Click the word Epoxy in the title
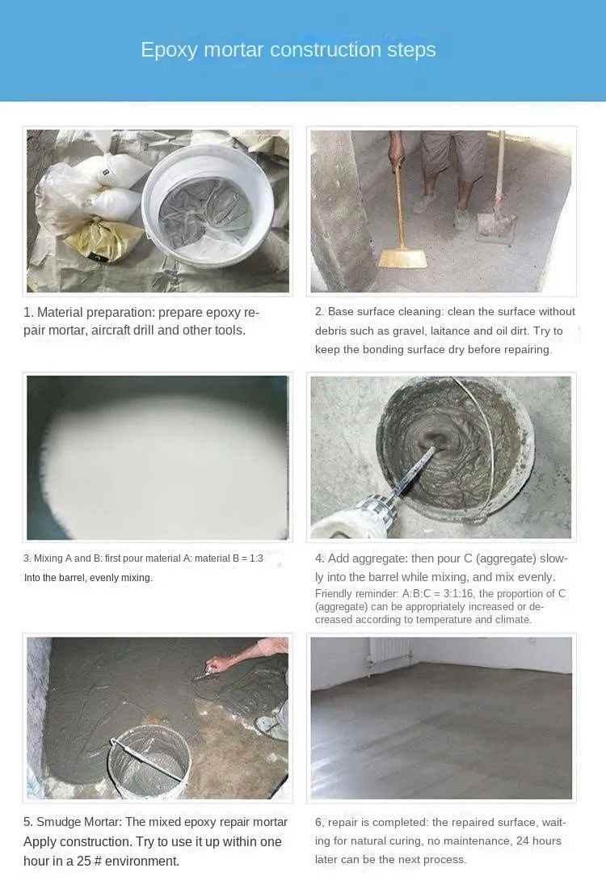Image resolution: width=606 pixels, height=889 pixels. [x=169, y=50]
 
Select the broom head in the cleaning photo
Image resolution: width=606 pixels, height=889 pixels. [x=402, y=259]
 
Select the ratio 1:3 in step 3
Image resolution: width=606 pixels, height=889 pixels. [x=256, y=558]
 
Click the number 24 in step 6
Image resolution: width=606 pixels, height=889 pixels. [x=524, y=841]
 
